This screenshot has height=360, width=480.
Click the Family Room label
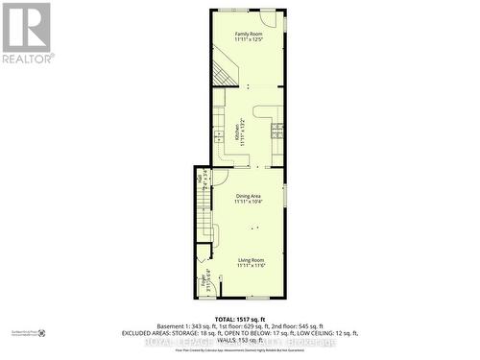(x=248, y=35)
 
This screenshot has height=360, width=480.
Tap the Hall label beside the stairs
(x=200, y=177)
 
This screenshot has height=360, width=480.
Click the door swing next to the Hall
(x=219, y=177)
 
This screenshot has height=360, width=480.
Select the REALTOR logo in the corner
(x=27, y=33)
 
